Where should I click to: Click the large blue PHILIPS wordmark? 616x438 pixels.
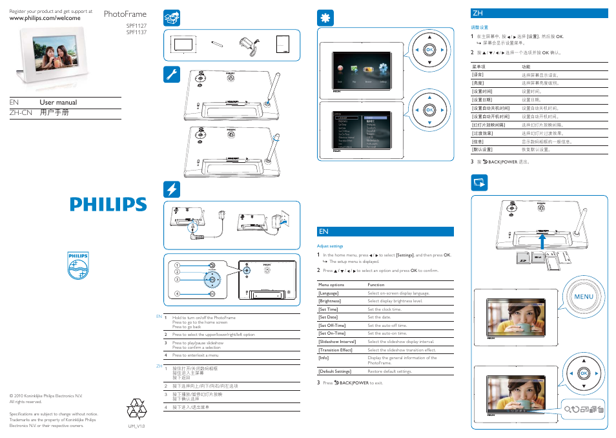click(x=108, y=204)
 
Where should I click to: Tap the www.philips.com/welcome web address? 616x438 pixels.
click(x=45, y=18)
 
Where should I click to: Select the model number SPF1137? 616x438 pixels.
click(x=136, y=32)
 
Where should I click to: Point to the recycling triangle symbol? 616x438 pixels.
click(x=136, y=409)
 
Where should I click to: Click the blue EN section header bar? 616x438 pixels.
click(x=385, y=231)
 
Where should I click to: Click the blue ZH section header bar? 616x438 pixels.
click(x=540, y=13)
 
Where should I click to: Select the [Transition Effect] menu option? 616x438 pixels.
click(x=335, y=350)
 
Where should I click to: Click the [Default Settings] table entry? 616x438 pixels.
click(x=334, y=371)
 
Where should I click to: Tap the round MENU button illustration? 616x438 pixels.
click(x=582, y=297)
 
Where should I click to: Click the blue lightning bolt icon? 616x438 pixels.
click(x=172, y=189)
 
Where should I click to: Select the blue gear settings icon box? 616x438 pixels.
click(x=325, y=19)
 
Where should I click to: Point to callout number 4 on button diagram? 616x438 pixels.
click(x=176, y=294)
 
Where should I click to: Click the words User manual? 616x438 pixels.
click(x=58, y=102)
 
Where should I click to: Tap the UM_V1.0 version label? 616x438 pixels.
click(x=136, y=426)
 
